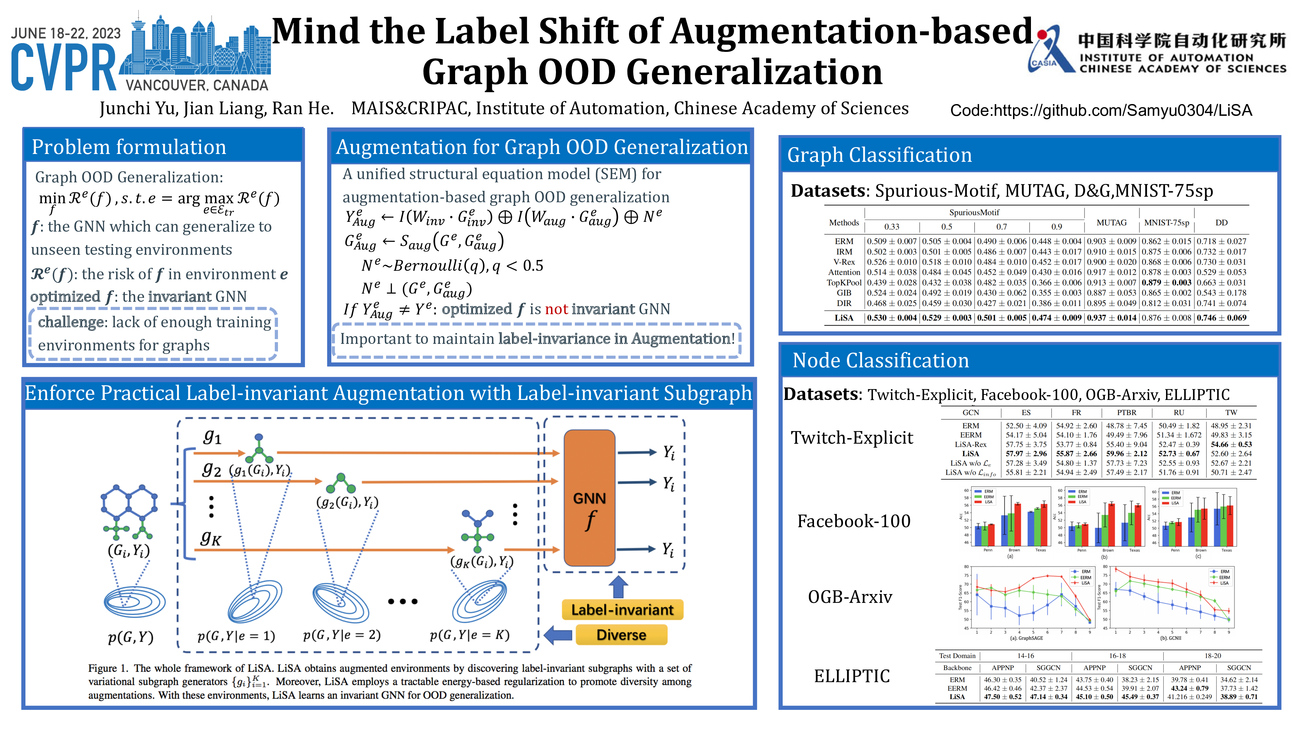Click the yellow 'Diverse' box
pos(621,635)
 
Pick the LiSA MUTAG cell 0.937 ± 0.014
pos(1112,318)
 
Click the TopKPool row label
pos(843,283)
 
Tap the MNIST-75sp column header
pos(1166,222)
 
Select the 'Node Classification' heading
pos(881,360)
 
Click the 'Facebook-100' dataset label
pos(853,521)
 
